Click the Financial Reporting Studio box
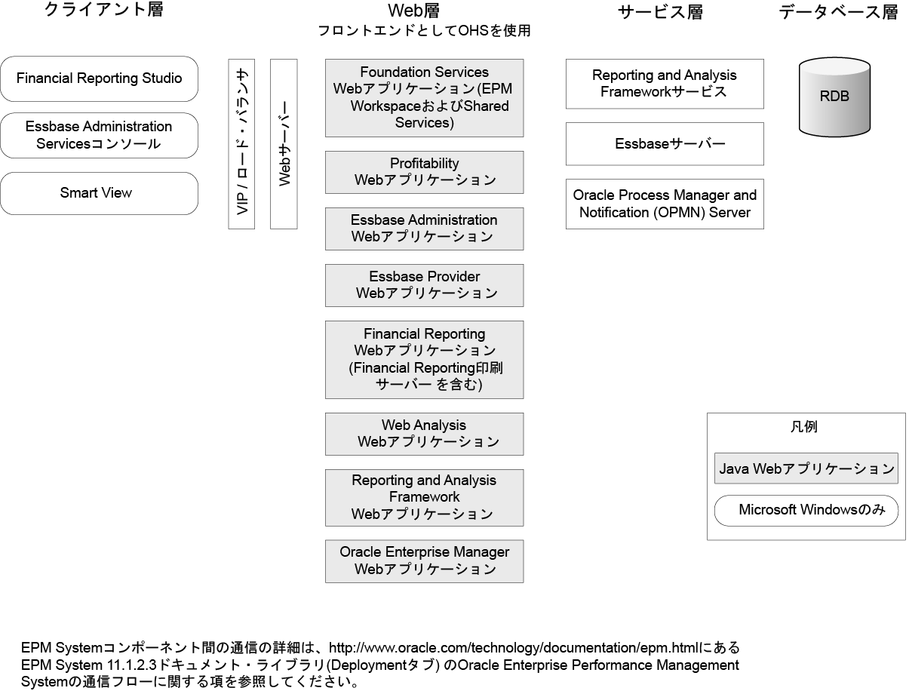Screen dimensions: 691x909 click(x=99, y=78)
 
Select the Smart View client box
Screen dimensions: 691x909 click(x=99, y=193)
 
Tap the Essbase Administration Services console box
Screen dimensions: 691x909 click(x=99, y=135)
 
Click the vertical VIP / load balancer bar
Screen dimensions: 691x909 click(x=242, y=143)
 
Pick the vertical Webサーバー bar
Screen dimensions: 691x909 click(x=284, y=143)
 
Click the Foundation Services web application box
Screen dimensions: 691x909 click(x=424, y=98)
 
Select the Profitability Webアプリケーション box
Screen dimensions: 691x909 click(x=424, y=172)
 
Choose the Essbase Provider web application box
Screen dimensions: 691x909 click(x=424, y=285)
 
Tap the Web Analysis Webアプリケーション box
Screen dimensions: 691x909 click(x=424, y=434)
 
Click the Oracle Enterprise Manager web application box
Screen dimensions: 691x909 click(x=424, y=560)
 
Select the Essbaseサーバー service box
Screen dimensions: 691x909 click(x=665, y=143)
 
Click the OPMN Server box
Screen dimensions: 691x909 click(x=665, y=204)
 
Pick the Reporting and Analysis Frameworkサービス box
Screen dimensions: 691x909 click(x=665, y=84)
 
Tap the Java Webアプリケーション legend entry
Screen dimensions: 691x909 click(x=806, y=468)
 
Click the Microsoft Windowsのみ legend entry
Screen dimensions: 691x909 click(x=806, y=511)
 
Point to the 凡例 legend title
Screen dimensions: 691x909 click(x=805, y=427)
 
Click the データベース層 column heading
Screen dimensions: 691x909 click(x=838, y=12)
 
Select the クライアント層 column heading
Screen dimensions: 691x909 click(x=103, y=11)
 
